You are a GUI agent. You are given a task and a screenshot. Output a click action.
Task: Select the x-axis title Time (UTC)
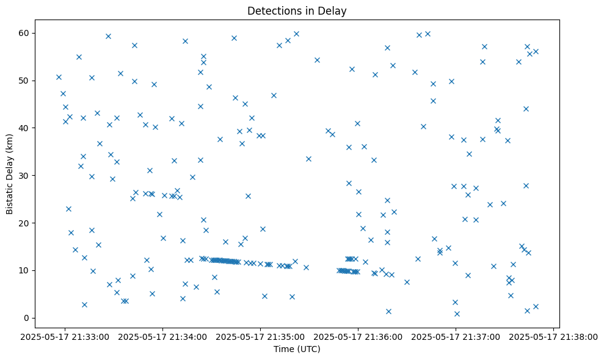(x=297, y=349)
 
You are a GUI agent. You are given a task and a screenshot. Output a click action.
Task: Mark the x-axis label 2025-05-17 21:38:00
(x=553, y=336)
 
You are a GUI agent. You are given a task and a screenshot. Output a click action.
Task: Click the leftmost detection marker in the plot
(x=59, y=77)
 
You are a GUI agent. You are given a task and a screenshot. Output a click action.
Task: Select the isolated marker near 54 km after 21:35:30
(x=317, y=60)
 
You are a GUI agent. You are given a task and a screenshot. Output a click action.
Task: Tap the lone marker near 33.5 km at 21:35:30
(x=308, y=159)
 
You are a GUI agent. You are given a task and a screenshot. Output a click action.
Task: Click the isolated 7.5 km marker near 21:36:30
(x=407, y=282)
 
